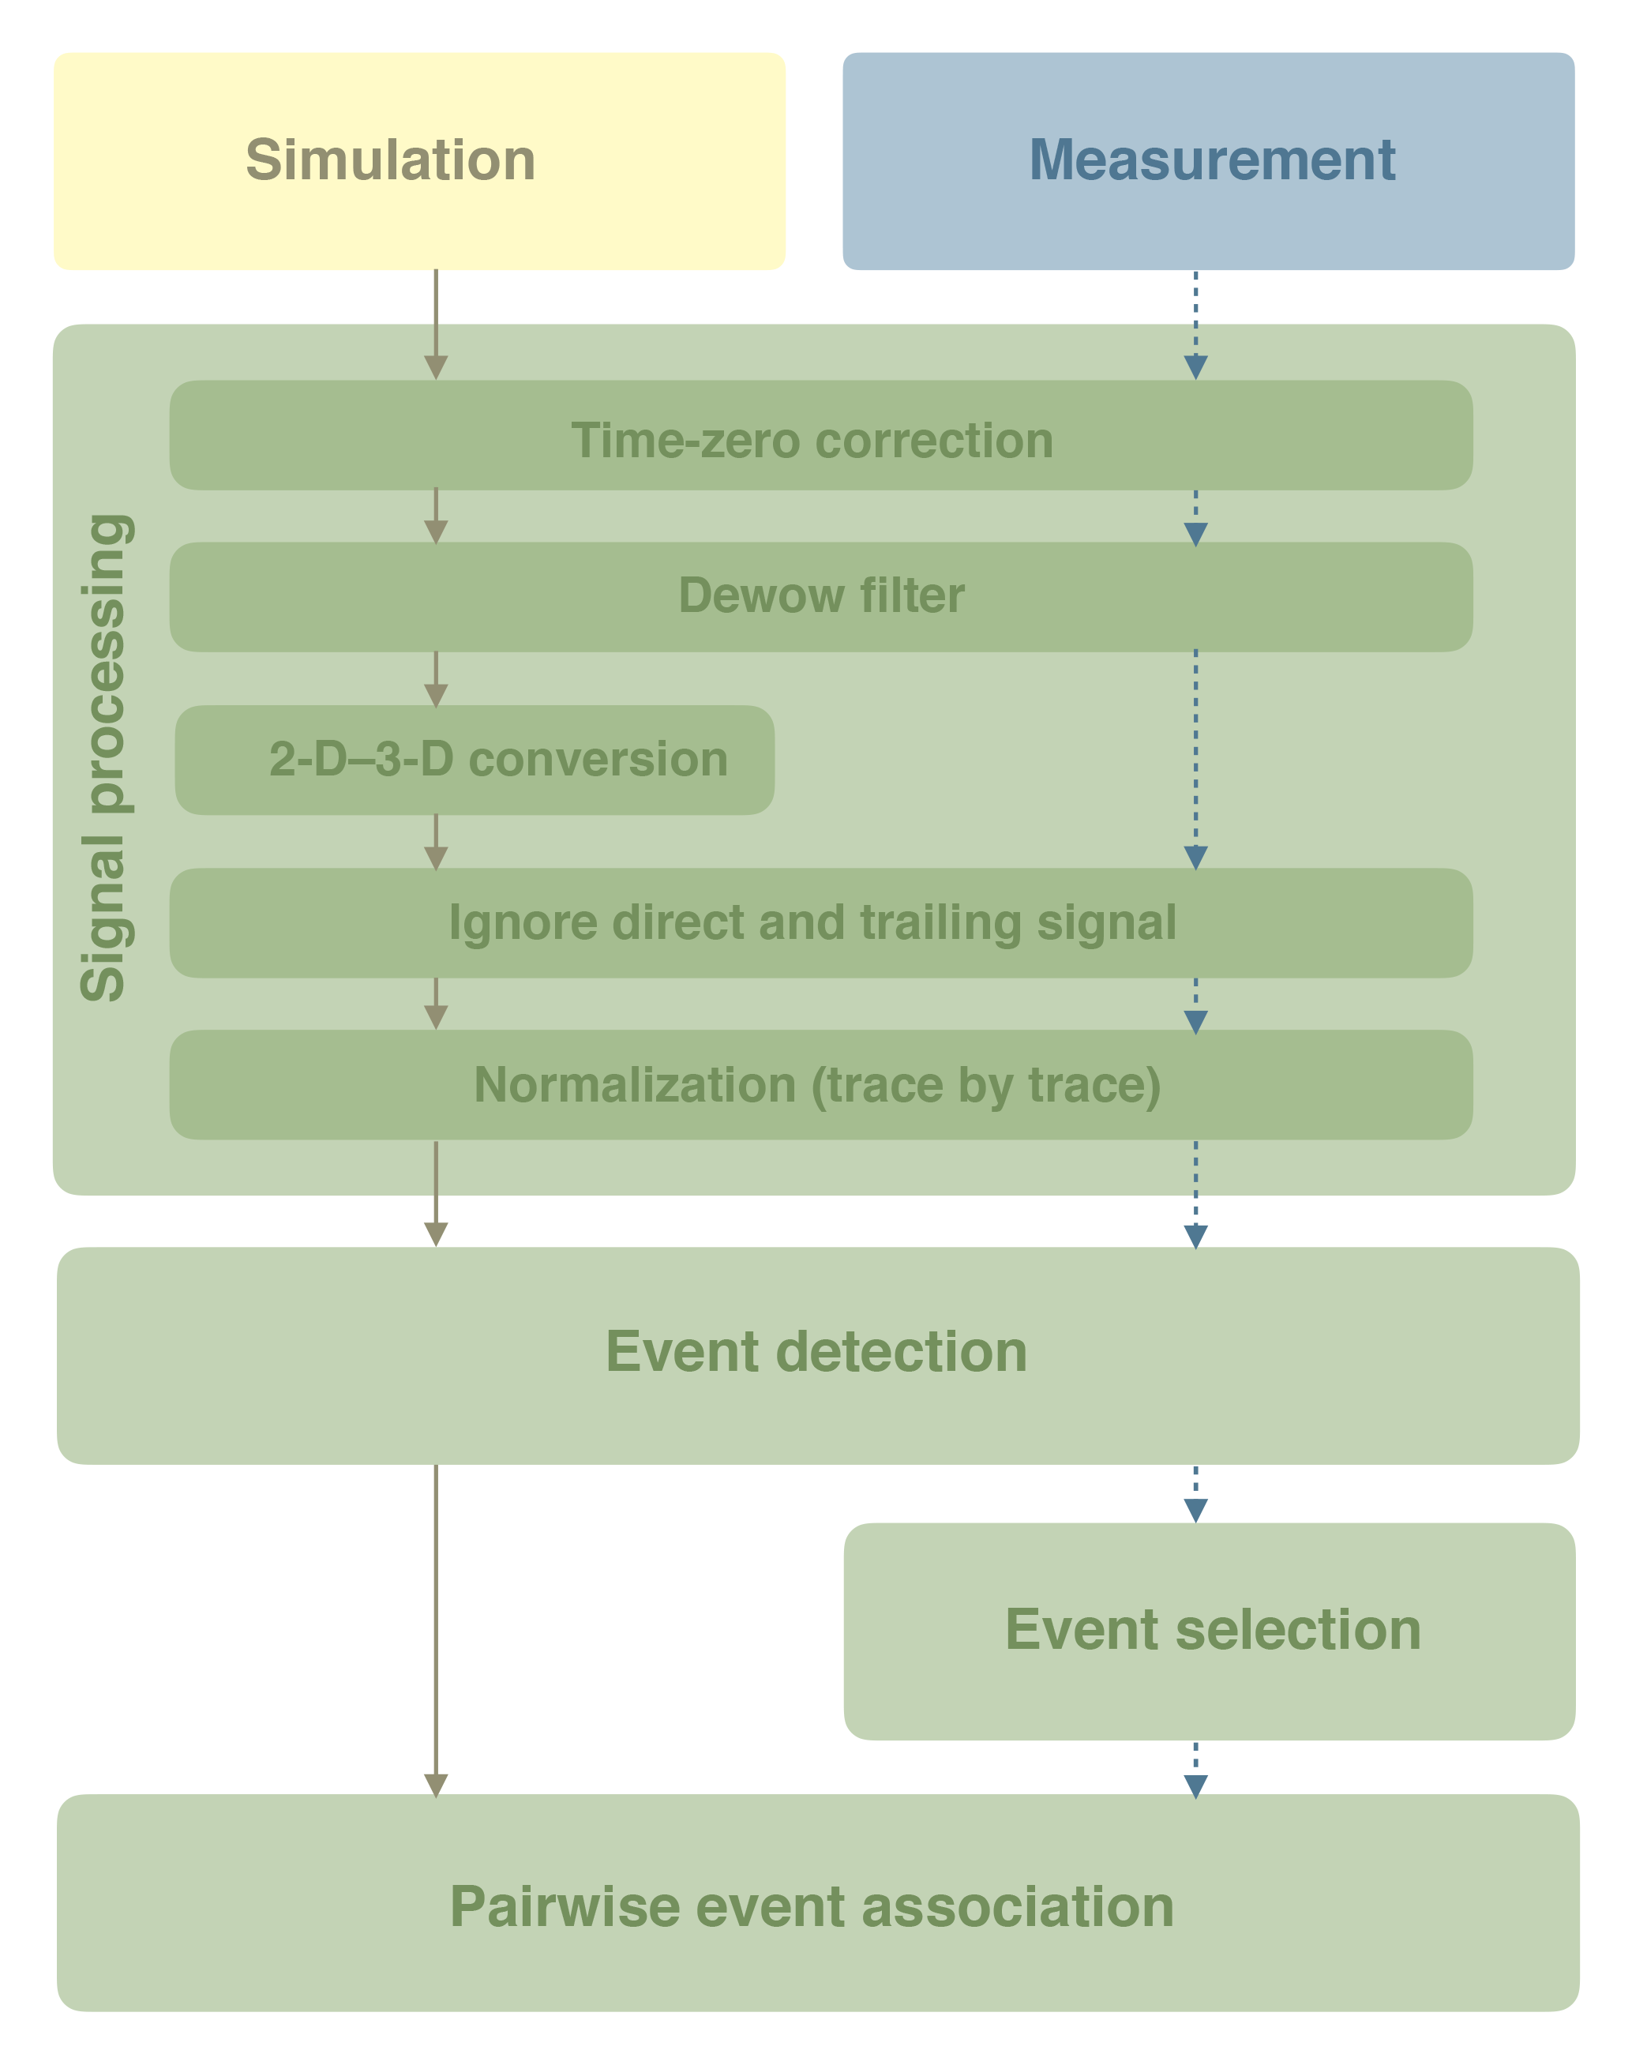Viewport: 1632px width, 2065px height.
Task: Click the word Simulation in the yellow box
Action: [x=390, y=160]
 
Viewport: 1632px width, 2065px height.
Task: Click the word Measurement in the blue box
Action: [x=1212, y=160]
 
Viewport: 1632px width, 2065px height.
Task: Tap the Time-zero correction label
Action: [x=812, y=441]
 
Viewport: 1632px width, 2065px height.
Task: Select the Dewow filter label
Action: [x=821, y=595]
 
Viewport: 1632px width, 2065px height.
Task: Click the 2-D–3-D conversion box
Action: [x=475, y=760]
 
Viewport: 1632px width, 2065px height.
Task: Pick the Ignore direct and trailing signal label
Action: [x=812, y=922]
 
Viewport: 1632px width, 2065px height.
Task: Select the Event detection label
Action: [x=816, y=1351]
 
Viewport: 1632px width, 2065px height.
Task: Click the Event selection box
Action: [x=1212, y=1629]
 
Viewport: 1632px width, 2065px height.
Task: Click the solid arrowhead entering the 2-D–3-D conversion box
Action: [x=436, y=695]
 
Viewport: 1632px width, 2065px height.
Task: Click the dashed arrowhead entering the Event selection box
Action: [x=1195, y=1510]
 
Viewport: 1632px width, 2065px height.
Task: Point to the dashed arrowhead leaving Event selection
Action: [x=1195, y=1786]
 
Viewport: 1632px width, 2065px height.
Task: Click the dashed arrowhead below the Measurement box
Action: [x=1195, y=367]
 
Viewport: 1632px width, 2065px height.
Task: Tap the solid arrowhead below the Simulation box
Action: [x=436, y=367]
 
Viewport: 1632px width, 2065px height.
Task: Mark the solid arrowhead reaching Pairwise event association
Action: [x=436, y=1786]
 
